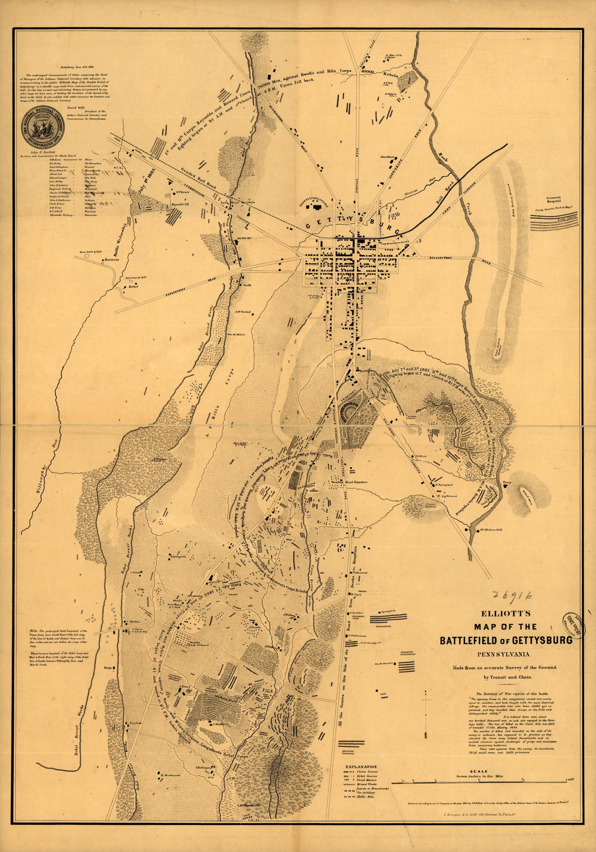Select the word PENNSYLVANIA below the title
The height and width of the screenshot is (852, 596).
click(x=504, y=653)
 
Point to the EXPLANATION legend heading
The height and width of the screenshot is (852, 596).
click(x=361, y=766)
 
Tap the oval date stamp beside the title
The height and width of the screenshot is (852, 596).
click(x=576, y=626)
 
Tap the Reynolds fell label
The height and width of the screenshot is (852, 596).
click(x=179, y=204)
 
